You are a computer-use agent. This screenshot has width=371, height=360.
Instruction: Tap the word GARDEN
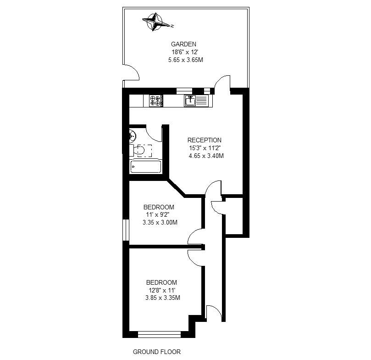[x=184, y=45]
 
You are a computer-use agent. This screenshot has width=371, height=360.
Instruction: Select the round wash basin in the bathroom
[x=133, y=135]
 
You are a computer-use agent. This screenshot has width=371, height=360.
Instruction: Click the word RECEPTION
[x=204, y=141]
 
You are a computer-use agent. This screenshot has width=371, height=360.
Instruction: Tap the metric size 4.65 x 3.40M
[x=206, y=156]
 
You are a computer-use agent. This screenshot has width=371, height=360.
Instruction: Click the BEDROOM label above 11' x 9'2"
[x=159, y=207]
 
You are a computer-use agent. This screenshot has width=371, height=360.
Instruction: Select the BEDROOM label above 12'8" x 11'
[x=161, y=282]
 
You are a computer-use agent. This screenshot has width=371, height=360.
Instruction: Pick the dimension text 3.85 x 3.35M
[x=162, y=298]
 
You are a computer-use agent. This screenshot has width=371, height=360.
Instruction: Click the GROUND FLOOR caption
[x=157, y=352]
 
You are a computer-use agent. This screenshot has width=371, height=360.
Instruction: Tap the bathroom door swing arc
[x=154, y=133]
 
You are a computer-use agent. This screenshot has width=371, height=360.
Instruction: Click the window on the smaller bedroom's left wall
[x=125, y=230]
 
